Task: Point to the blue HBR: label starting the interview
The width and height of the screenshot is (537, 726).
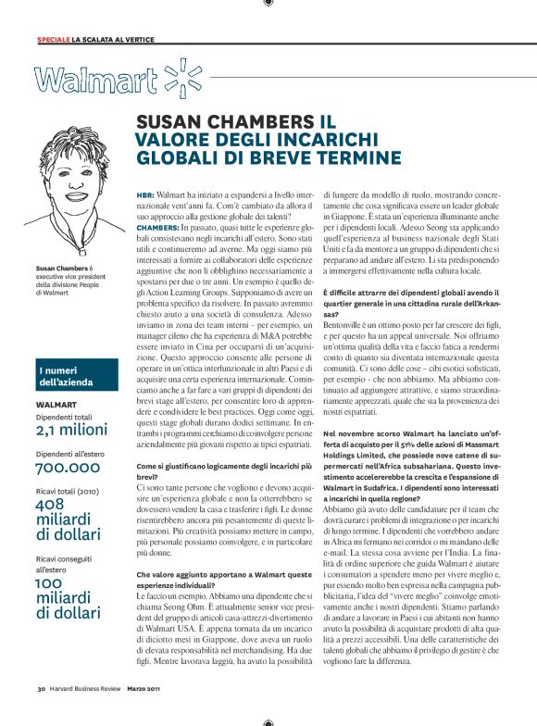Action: coord(145,195)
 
